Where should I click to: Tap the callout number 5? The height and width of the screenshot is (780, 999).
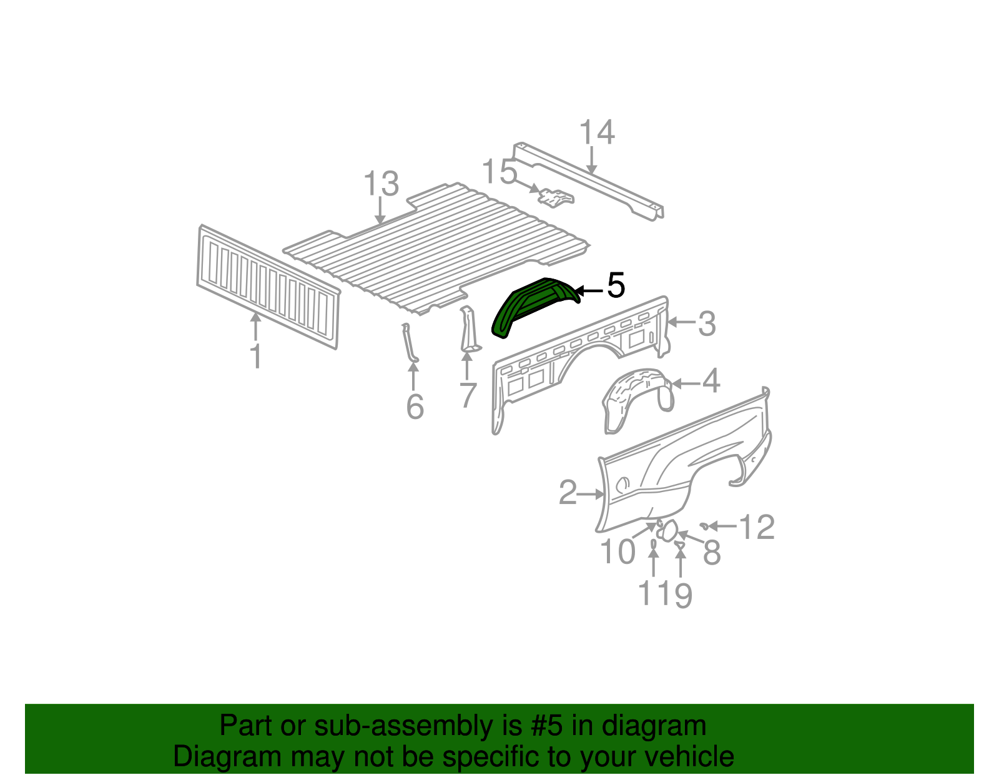tap(615, 286)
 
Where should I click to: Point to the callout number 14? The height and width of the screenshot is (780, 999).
tap(597, 133)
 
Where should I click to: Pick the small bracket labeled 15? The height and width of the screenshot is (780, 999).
tap(555, 198)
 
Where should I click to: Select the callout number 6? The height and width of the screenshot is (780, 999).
tap(415, 407)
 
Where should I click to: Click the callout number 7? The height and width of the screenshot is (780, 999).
tap(468, 395)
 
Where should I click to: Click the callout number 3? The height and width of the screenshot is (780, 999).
tap(706, 323)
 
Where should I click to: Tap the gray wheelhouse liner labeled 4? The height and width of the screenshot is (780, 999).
tap(637, 397)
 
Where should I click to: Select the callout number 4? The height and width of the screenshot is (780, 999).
tap(711, 382)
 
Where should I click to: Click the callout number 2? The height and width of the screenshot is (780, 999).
tap(567, 493)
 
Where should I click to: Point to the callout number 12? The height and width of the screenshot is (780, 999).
tap(757, 528)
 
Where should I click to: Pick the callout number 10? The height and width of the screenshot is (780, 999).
tap(617, 552)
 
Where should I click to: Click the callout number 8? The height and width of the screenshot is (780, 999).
tap(712, 553)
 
